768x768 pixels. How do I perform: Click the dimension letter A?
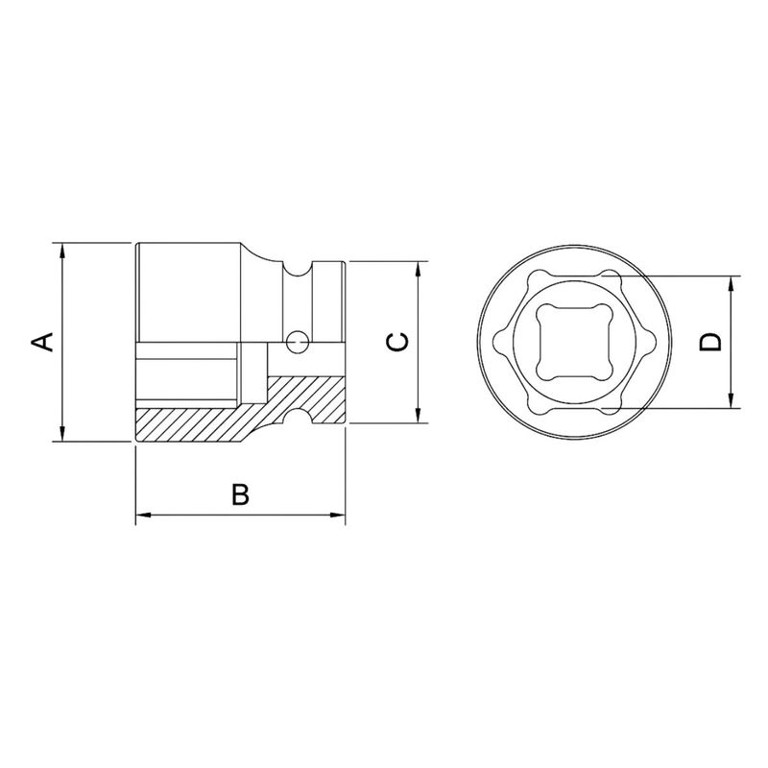pyautogui.click(x=42, y=341)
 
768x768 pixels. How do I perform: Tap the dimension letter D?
pyautogui.click(x=710, y=343)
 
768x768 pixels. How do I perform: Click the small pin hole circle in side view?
pyautogui.click(x=299, y=339)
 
